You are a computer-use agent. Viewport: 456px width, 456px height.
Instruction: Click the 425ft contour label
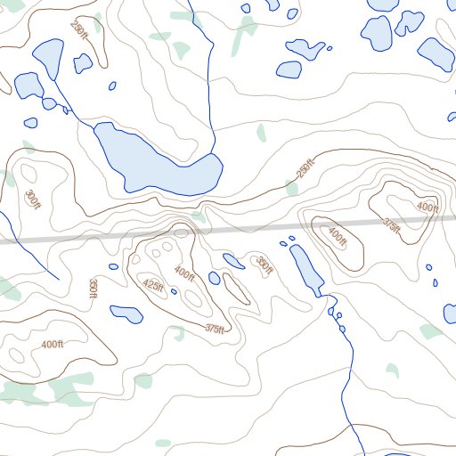(x=153, y=286)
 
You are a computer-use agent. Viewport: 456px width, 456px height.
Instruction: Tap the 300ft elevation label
(x=32, y=199)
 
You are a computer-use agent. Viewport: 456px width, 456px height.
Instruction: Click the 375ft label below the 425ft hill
(x=215, y=329)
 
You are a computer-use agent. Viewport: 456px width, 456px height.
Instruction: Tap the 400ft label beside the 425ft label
(x=184, y=273)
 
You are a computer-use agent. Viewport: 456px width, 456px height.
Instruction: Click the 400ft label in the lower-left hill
(x=53, y=344)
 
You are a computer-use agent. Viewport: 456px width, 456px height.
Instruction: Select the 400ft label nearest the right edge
(x=427, y=208)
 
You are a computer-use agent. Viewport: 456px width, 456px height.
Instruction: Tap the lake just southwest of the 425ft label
(x=126, y=313)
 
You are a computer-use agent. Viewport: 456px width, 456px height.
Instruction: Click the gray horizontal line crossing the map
(x=89, y=238)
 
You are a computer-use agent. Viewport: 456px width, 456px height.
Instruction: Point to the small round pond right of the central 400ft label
(x=214, y=278)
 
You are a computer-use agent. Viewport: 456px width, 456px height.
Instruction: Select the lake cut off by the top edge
(x=383, y=4)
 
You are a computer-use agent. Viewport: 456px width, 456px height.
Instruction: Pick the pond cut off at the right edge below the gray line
(x=450, y=313)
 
